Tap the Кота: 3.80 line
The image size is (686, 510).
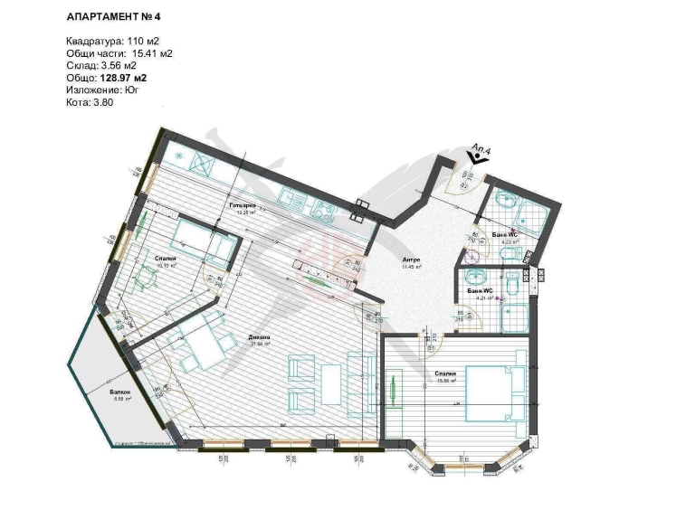coord(90,103)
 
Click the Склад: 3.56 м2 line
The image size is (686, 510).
coord(101,66)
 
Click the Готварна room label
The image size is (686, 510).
coord(242,207)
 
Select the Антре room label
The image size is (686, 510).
coord(412,260)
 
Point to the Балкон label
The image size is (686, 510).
coord(121,392)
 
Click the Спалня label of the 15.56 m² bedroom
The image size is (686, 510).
coord(444,373)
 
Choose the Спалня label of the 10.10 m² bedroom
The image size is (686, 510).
coord(165,259)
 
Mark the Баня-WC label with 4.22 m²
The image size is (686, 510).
coord(504,235)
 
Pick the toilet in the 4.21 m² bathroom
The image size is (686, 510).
coord(512,285)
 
